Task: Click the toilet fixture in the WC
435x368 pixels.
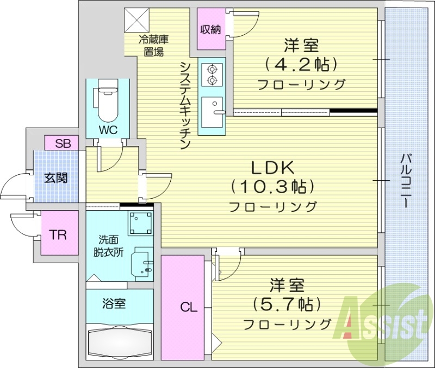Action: click(108, 100)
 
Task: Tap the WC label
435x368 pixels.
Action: click(108, 130)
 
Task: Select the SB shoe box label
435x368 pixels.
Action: click(63, 143)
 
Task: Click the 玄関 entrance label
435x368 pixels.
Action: click(56, 177)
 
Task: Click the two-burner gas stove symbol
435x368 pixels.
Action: click(212, 75)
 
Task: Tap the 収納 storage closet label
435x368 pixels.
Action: click(210, 30)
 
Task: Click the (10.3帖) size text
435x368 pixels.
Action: click(272, 187)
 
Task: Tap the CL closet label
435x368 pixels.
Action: click(188, 308)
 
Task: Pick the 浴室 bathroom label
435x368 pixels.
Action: click(114, 303)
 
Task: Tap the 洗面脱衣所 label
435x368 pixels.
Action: click(111, 245)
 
